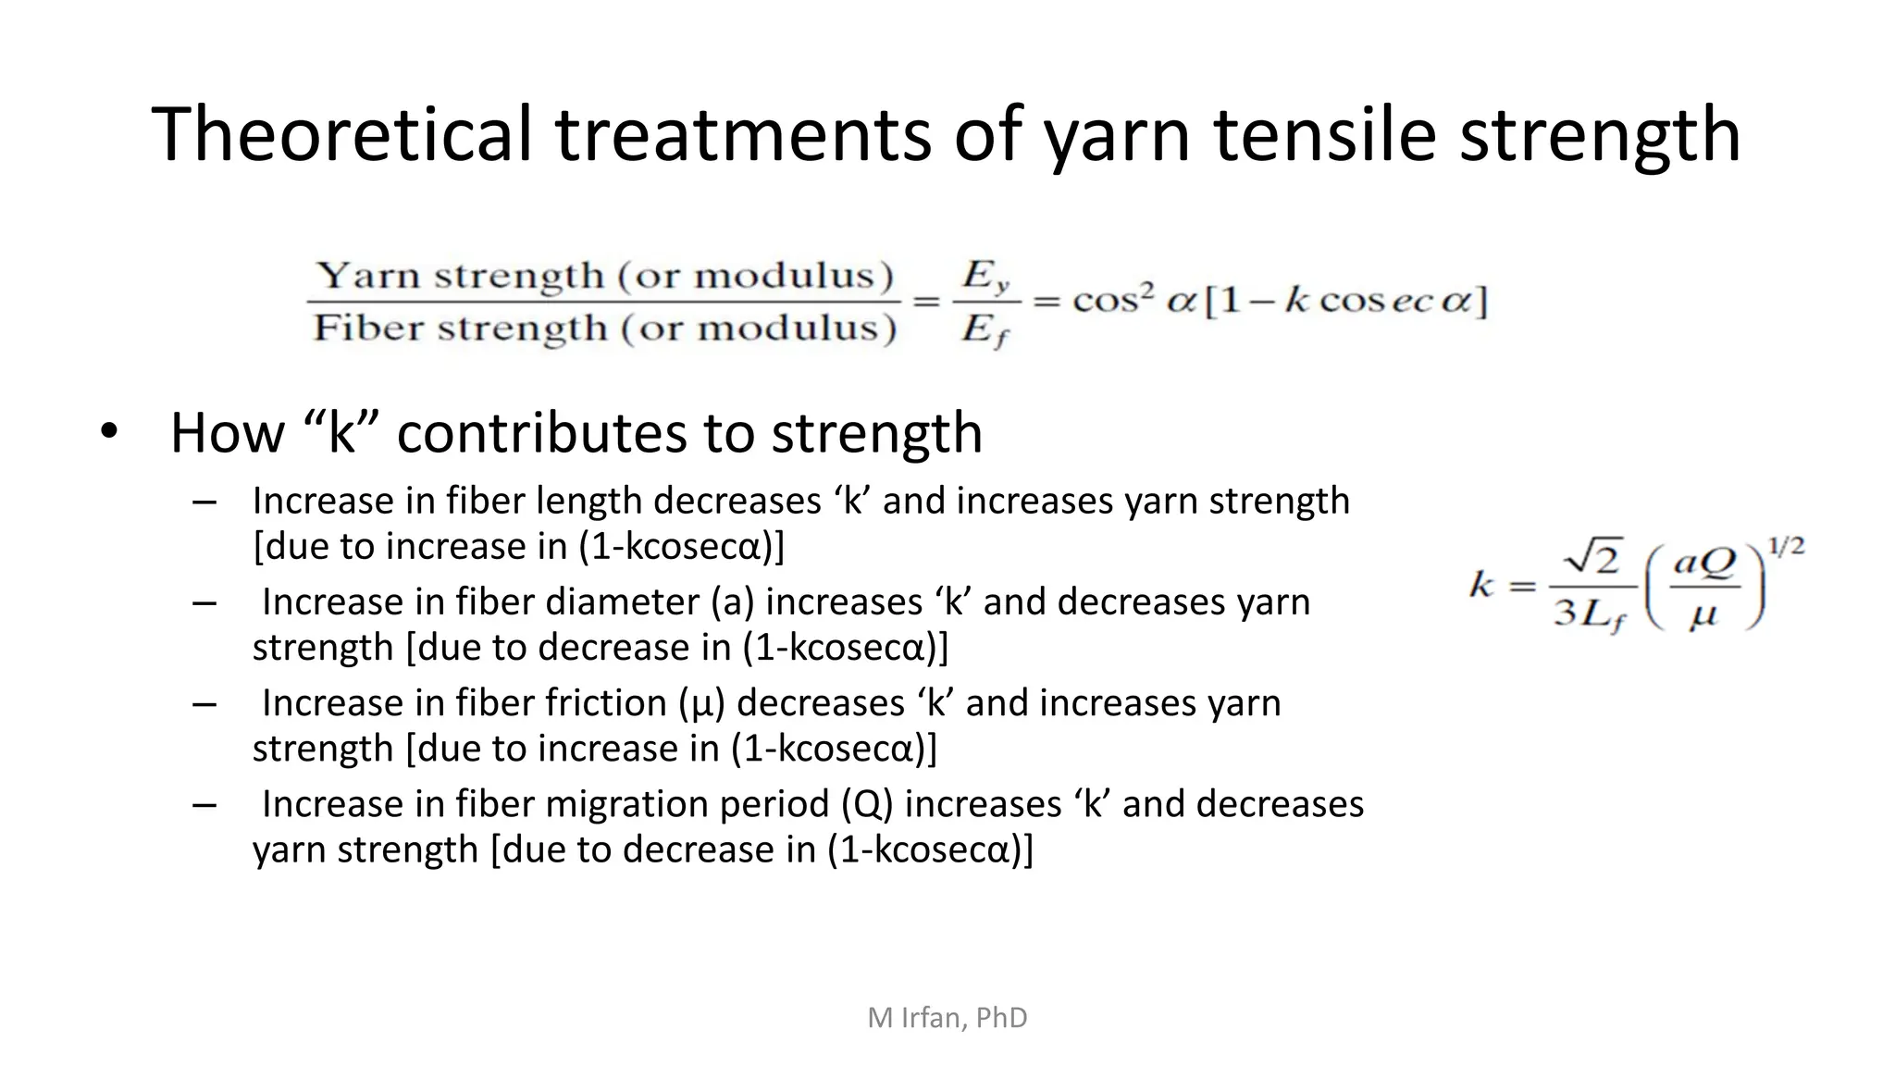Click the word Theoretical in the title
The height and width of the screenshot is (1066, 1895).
(341, 134)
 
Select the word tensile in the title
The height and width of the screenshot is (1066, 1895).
(1324, 134)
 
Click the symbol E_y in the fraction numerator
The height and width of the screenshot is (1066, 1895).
(985, 276)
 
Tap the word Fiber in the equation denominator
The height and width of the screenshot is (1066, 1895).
(367, 328)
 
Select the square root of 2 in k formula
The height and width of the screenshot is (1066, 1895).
(1592, 559)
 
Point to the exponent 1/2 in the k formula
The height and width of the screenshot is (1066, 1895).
(1785, 547)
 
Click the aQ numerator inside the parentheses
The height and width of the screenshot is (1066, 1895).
(1706, 562)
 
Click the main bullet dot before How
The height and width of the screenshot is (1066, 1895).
(109, 432)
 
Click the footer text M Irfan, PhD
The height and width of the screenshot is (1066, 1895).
(947, 1018)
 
